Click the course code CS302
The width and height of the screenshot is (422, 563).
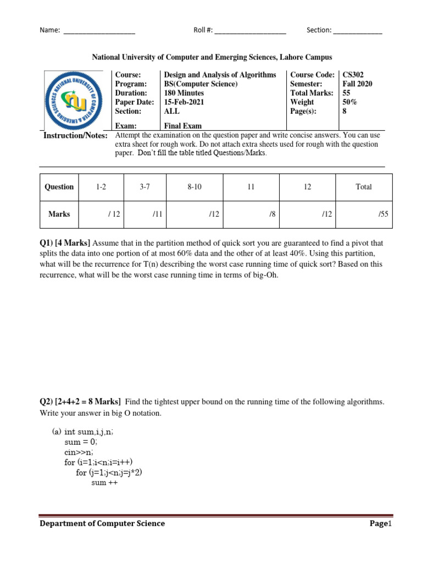pos(353,75)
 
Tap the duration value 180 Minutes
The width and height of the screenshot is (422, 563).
pos(184,93)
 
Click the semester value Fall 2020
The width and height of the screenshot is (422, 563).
pos(357,84)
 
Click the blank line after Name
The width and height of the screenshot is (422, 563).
pos(99,31)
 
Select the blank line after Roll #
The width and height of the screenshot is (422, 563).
pos(250,31)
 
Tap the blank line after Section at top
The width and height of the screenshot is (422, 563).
pos(357,31)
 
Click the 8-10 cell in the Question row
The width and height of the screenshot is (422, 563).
pos(195,187)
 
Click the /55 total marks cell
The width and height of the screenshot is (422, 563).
pos(382,214)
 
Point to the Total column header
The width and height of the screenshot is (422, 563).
pos(363,187)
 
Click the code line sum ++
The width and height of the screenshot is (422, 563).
pos(104,483)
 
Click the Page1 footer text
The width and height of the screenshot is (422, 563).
pos(380,523)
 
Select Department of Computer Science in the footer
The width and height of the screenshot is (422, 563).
pos(102,523)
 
